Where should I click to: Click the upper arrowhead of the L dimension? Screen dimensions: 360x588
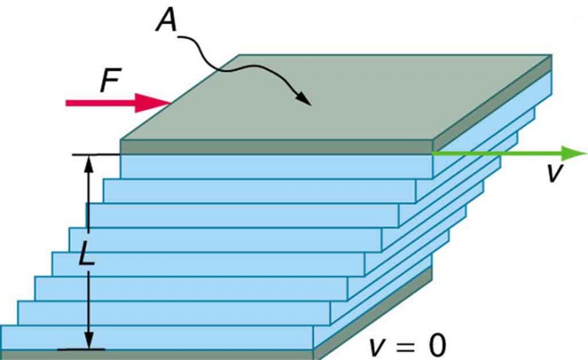click(x=90, y=163)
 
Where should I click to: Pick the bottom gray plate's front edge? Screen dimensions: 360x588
click(x=158, y=355)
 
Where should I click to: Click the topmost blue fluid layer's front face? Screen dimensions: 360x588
click(x=276, y=166)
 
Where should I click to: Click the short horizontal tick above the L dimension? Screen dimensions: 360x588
click(x=96, y=155)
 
